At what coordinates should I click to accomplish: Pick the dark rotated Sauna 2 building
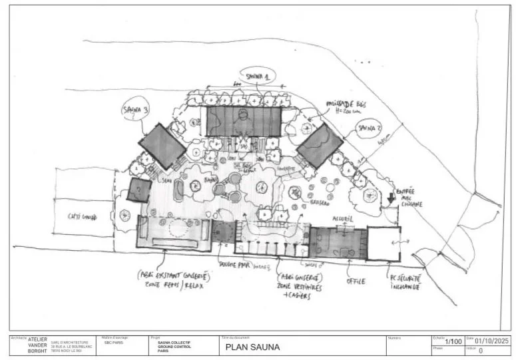[x=320, y=146]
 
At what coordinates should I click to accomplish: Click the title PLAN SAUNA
[x=253, y=347]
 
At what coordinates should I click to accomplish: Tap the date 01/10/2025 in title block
[x=491, y=341]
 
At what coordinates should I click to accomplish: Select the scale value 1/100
[x=453, y=341]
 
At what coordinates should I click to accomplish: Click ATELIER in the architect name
[x=37, y=339]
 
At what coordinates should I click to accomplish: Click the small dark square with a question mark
[x=138, y=190]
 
